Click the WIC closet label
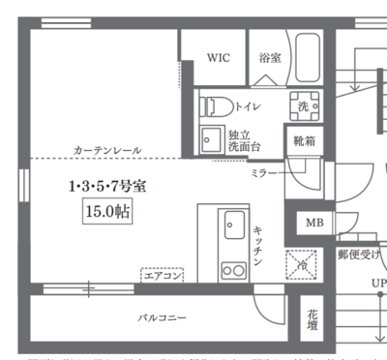click(218, 58)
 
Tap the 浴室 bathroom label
click(270, 58)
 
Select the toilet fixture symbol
click(215, 105)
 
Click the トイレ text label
click(248, 105)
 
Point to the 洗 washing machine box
click(304, 105)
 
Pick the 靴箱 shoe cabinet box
click(304, 140)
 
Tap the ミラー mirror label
click(261, 171)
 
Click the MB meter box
click(314, 223)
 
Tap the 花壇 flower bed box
click(313, 320)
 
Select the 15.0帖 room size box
click(107, 210)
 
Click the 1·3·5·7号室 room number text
click(107, 185)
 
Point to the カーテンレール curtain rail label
click(106, 150)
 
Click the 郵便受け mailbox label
click(359, 254)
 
